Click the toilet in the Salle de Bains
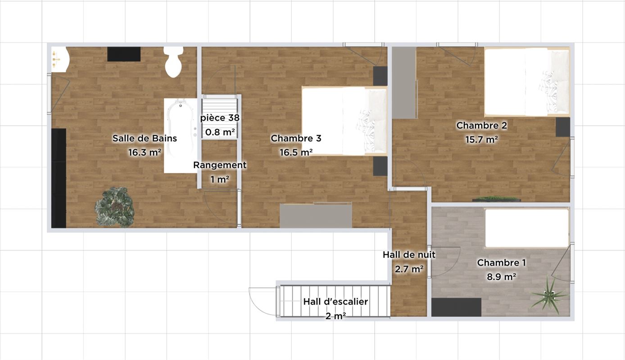(173, 62)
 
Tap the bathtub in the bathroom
(181, 135)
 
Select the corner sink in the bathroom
(60, 59)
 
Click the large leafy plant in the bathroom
(115, 207)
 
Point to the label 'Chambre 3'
(296, 138)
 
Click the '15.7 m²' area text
(482, 139)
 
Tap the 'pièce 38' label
(220, 118)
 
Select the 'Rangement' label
(220, 165)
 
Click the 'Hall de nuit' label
(409, 255)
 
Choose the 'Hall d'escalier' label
(335, 301)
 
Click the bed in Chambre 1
(527, 228)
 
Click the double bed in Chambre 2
(527, 82)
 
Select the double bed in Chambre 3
(344, 121)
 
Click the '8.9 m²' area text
(501, 277)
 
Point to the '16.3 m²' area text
(145, 153)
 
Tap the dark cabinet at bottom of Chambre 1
(456, 307)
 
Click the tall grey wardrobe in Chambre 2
(404, 83)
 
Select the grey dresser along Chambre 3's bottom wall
(316, 216)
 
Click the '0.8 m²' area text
(220, 132)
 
